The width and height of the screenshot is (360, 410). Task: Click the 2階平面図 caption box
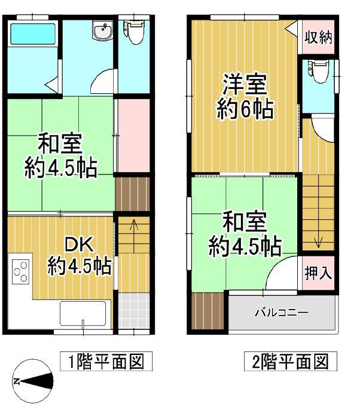pos(288,362)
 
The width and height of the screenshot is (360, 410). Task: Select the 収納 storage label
pos(318,38)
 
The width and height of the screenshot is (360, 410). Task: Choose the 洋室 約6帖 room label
pos(243,97)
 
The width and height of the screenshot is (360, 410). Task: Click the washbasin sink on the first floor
pos(103,31)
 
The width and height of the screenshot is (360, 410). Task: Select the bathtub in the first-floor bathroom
pos(32,33)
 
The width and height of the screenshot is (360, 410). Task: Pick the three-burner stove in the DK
pos(20,270)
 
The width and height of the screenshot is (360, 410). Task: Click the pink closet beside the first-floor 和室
pos(133,136)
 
